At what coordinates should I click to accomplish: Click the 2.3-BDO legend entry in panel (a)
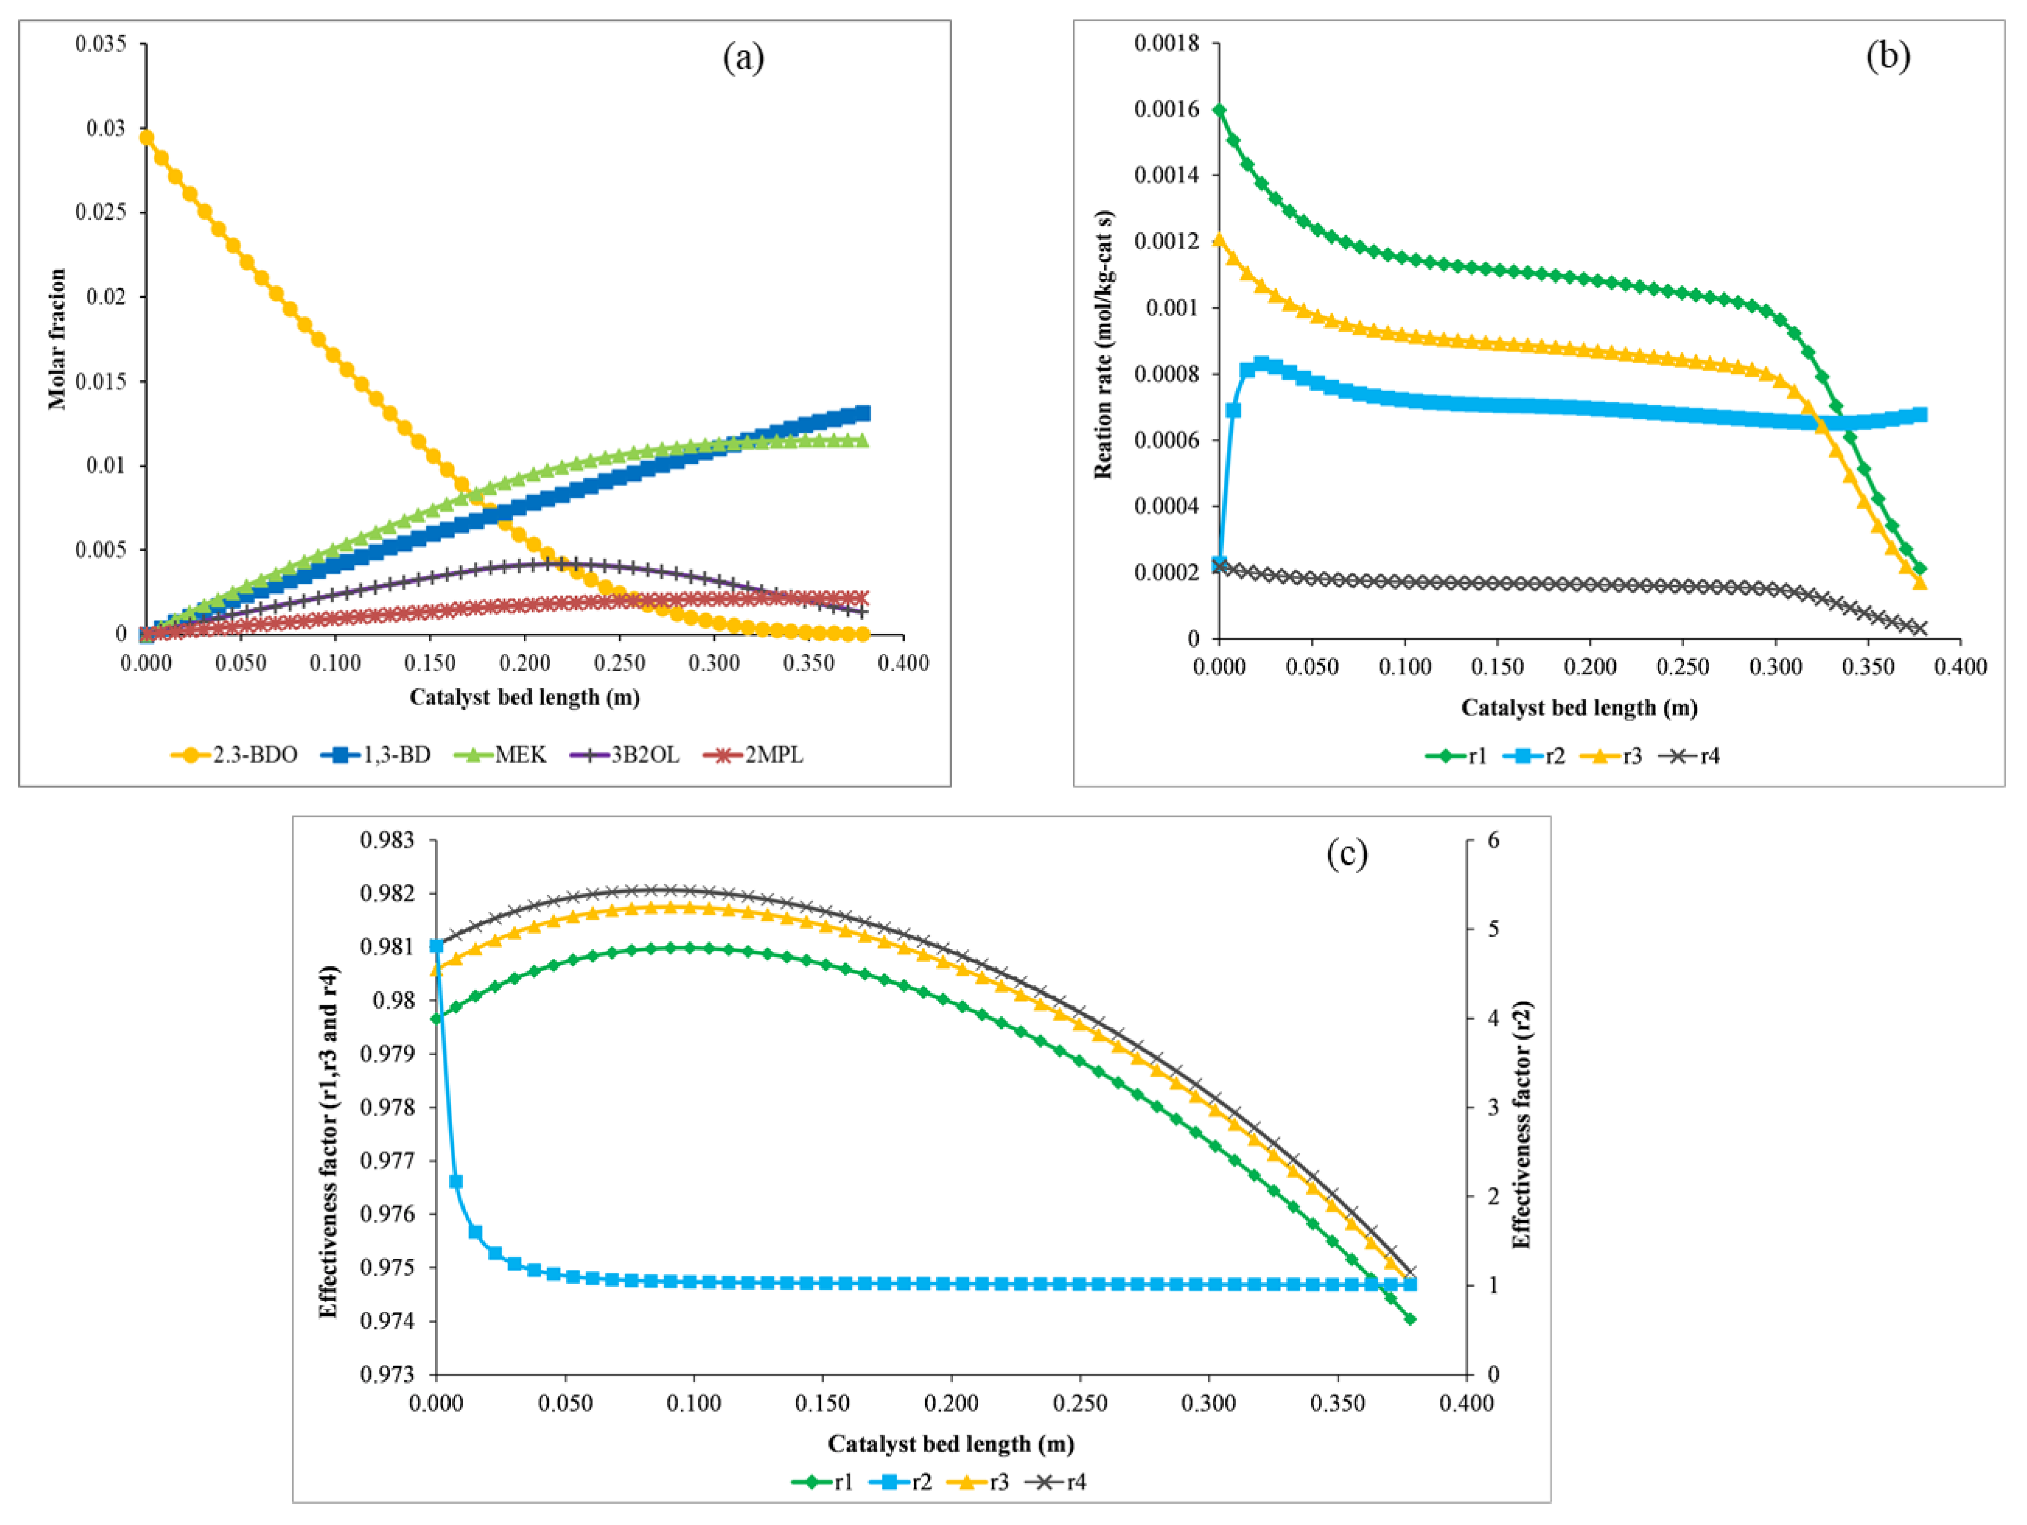[x=235, y=755]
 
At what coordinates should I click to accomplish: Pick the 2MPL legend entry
[x=754, y=755]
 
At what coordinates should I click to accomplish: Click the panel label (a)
[x=743, y=58]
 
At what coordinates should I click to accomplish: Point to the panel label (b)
[x=1888, y=56]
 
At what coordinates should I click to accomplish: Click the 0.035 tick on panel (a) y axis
[x=101, y=44]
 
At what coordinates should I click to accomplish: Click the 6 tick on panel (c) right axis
[x=1493, y=840]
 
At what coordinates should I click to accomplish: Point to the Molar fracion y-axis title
[x=57, y=338]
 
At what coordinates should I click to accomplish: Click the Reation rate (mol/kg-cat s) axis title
[x=1103, y=345]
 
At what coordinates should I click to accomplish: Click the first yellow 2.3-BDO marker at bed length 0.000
[x=146, y=137]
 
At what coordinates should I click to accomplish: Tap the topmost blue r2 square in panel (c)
[x=437, y=946]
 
